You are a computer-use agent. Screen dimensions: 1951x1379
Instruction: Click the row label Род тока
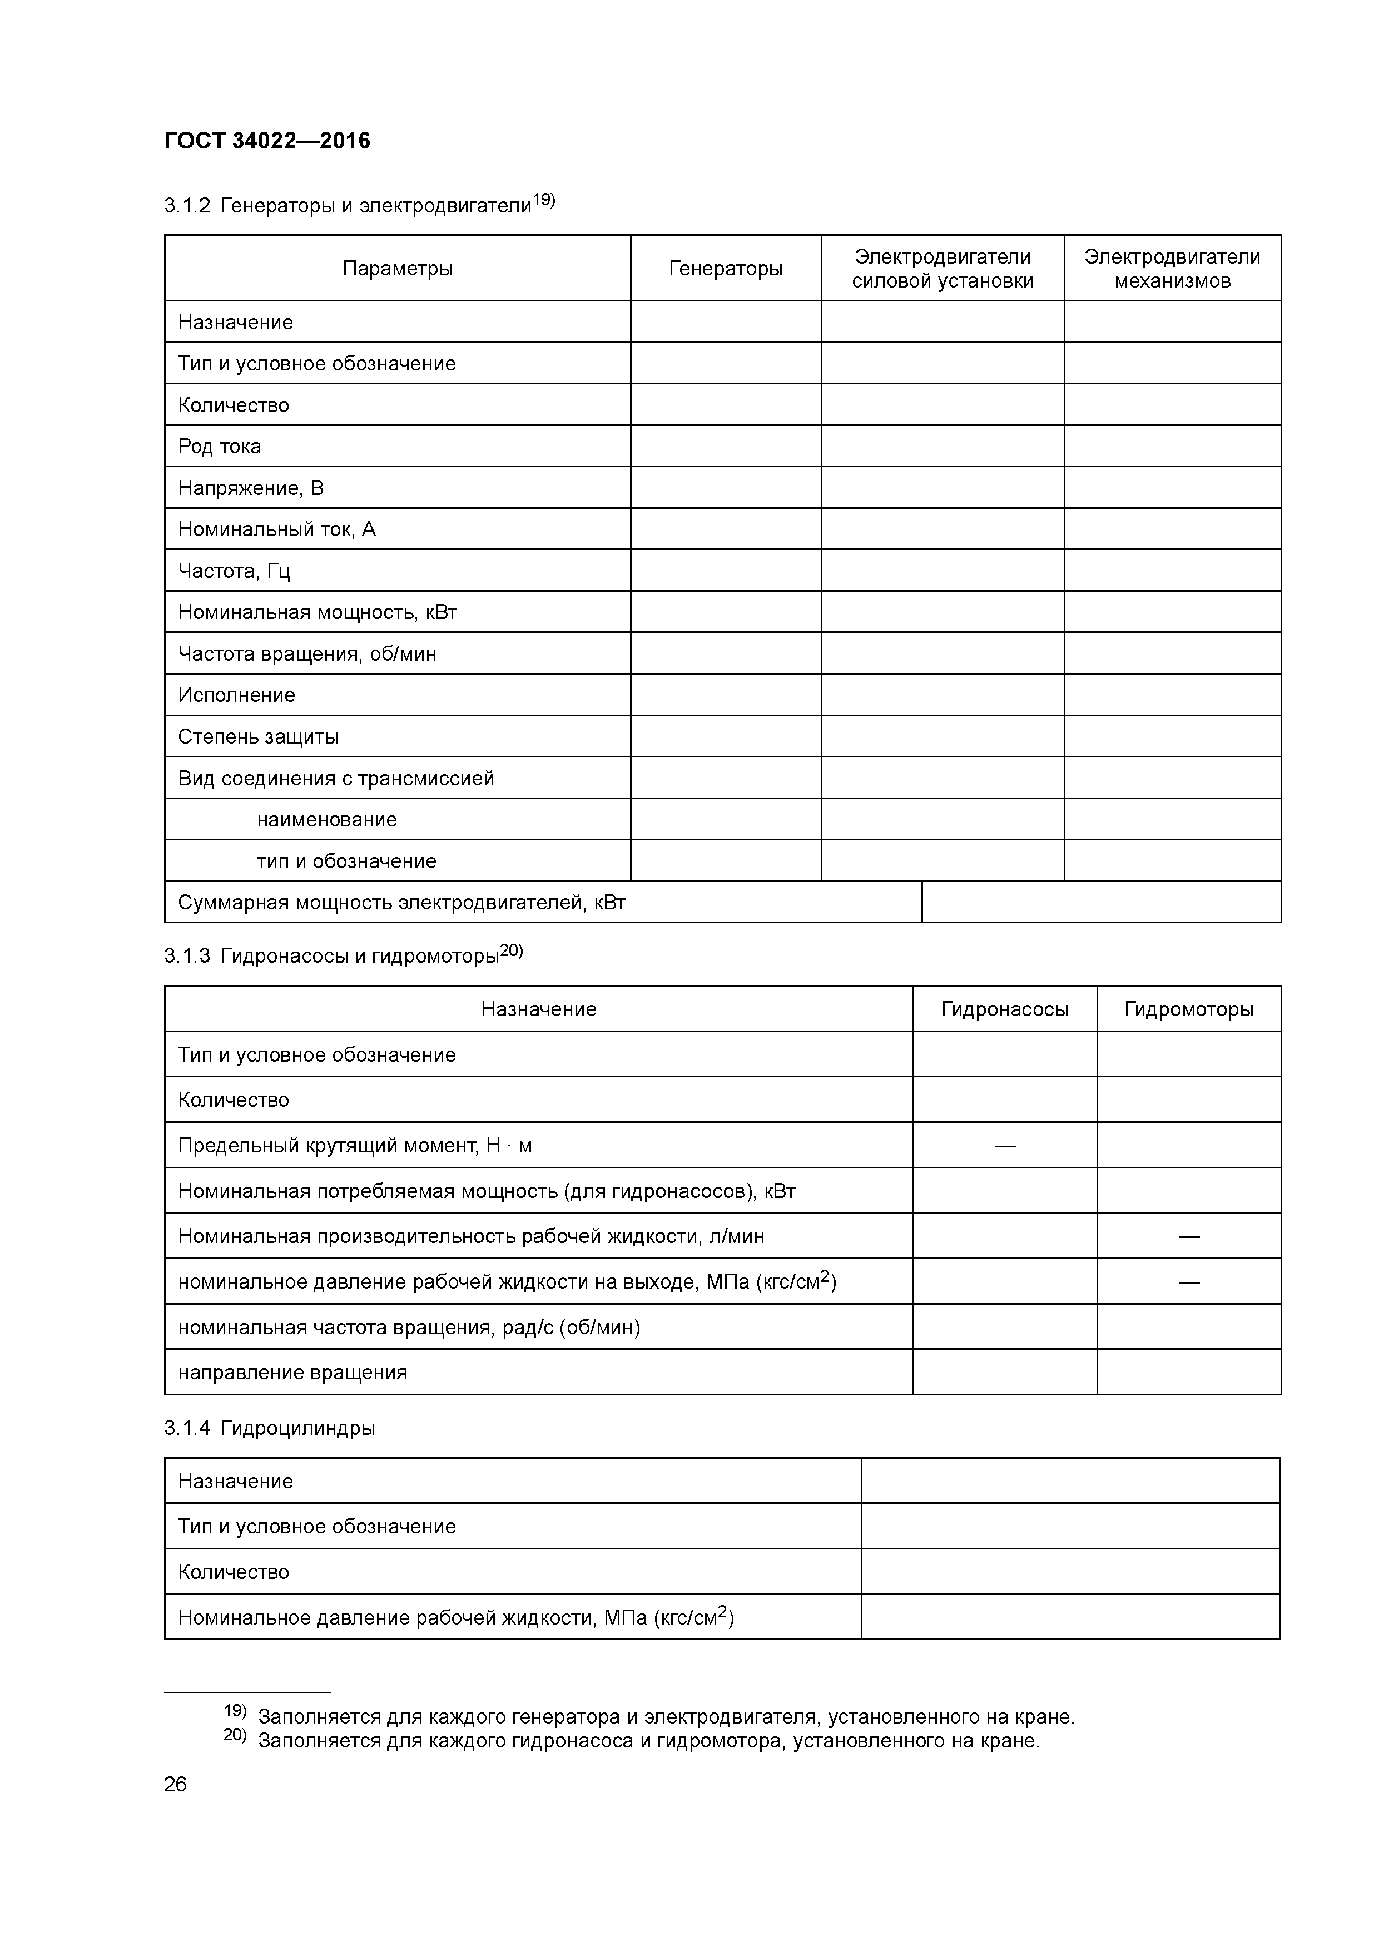[219, 446]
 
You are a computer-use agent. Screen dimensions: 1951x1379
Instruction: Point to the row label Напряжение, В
[251, 488]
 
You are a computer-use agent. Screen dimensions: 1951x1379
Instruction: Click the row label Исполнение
[236, 695]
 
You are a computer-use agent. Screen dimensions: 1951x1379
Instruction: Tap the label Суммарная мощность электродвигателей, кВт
[401, 903]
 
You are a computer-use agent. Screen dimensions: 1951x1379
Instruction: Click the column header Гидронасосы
[1004, 1009]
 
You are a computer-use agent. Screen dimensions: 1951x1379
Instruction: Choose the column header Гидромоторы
[1189, 1009]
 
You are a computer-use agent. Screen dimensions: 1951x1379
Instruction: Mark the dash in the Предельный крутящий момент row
[1004, 1146]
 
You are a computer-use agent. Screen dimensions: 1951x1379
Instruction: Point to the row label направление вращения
[292, 1373]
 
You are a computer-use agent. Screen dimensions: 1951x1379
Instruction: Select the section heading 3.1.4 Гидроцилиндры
[269, 1428]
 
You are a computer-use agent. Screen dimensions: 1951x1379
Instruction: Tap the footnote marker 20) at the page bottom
[235, 1734]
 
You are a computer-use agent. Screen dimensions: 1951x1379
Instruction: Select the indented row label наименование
[326, 820]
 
